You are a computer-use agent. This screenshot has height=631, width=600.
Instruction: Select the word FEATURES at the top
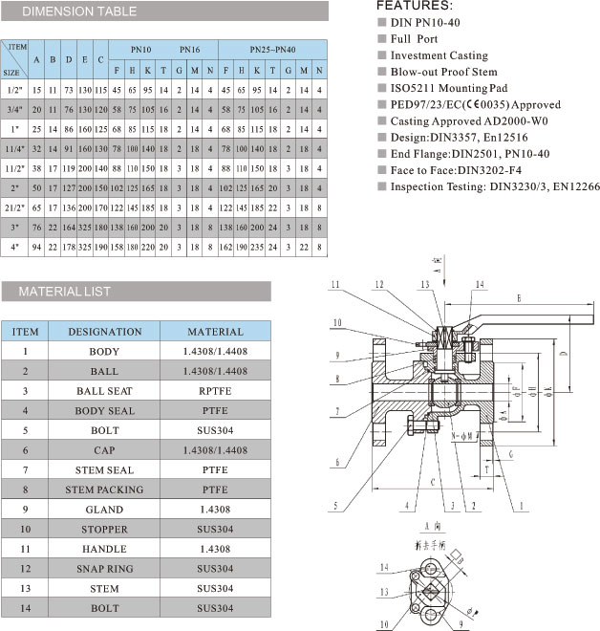point(406,6)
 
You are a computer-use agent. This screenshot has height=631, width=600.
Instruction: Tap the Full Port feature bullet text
point(414,39)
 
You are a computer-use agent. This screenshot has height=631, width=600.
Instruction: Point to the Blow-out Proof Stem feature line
point(443,72)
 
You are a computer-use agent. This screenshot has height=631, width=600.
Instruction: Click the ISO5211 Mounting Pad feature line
point(448,88)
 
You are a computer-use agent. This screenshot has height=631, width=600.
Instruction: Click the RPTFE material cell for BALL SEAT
point(215,391)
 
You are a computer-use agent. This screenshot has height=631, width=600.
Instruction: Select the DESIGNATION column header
point(104,332)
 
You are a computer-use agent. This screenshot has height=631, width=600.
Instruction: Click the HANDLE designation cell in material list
point(104,549)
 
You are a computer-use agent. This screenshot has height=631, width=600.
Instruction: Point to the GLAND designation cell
point(104,510)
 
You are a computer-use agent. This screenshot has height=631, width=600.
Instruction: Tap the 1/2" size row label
point(14,91)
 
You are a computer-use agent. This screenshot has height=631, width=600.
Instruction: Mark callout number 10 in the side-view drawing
point(336,321)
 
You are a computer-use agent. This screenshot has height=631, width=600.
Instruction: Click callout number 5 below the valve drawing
point(335,506)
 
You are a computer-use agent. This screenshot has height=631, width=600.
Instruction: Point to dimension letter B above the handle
point(518,299)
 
